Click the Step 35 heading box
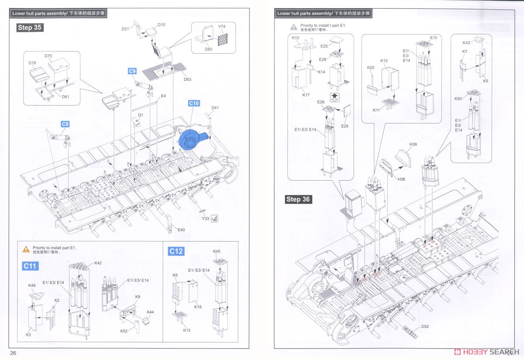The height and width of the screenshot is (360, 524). [30, 27]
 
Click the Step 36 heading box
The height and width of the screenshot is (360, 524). [299, 199]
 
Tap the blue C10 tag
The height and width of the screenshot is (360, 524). [194, 103]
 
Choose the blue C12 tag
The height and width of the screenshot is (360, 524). [176, 251]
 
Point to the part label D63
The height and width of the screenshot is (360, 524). [187, 79]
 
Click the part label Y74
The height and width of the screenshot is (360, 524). [222, 27]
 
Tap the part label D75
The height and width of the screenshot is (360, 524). [48, 56]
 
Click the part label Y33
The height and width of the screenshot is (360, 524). [205, 219]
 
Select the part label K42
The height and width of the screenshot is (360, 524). [98, 263]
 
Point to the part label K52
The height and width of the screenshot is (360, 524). [124, 331]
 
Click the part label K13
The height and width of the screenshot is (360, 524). [187, 330]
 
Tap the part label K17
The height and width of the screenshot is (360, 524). [306, 95]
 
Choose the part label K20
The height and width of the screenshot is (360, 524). [371, 68]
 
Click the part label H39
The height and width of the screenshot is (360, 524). [413, 144]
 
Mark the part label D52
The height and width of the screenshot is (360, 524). [425, 326]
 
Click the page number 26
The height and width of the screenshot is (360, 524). [13, 353]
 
